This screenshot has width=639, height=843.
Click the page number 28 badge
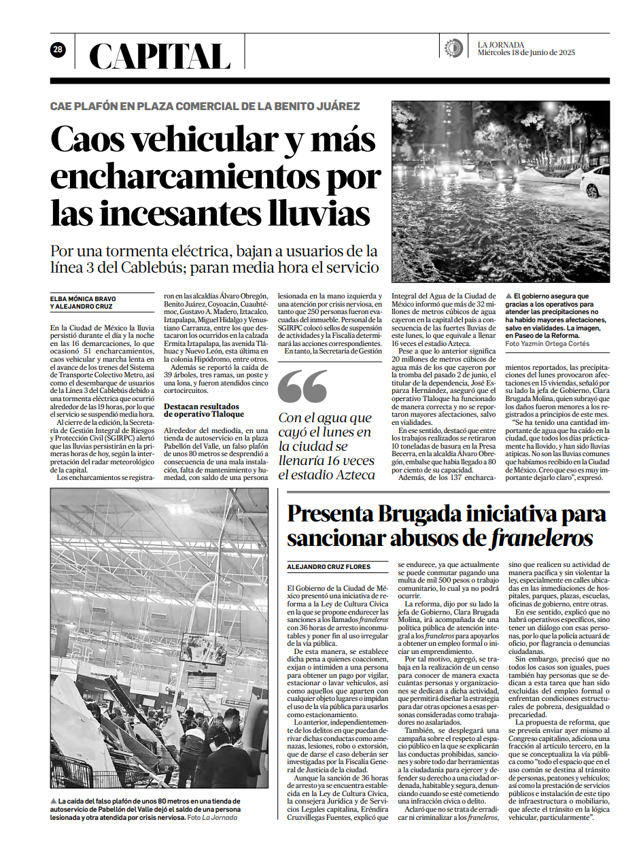(x=58, y=50)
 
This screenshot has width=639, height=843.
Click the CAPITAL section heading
(x=160, y=56)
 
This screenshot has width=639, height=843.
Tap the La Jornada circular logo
(x=453, y=48)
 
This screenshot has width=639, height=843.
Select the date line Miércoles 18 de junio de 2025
(x=526, y=52)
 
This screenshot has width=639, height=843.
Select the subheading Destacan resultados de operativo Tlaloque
(x=204, y=409)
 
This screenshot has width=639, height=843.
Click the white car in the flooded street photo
(x=596, y=181)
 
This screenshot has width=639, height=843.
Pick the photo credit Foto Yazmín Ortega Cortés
(x=547, y=344)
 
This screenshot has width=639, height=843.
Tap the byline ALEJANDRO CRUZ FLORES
(x=328, y=566)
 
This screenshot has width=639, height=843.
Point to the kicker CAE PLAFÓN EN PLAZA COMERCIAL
(x=205, y=106)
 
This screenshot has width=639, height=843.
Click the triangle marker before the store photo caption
(x=54, y=802)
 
